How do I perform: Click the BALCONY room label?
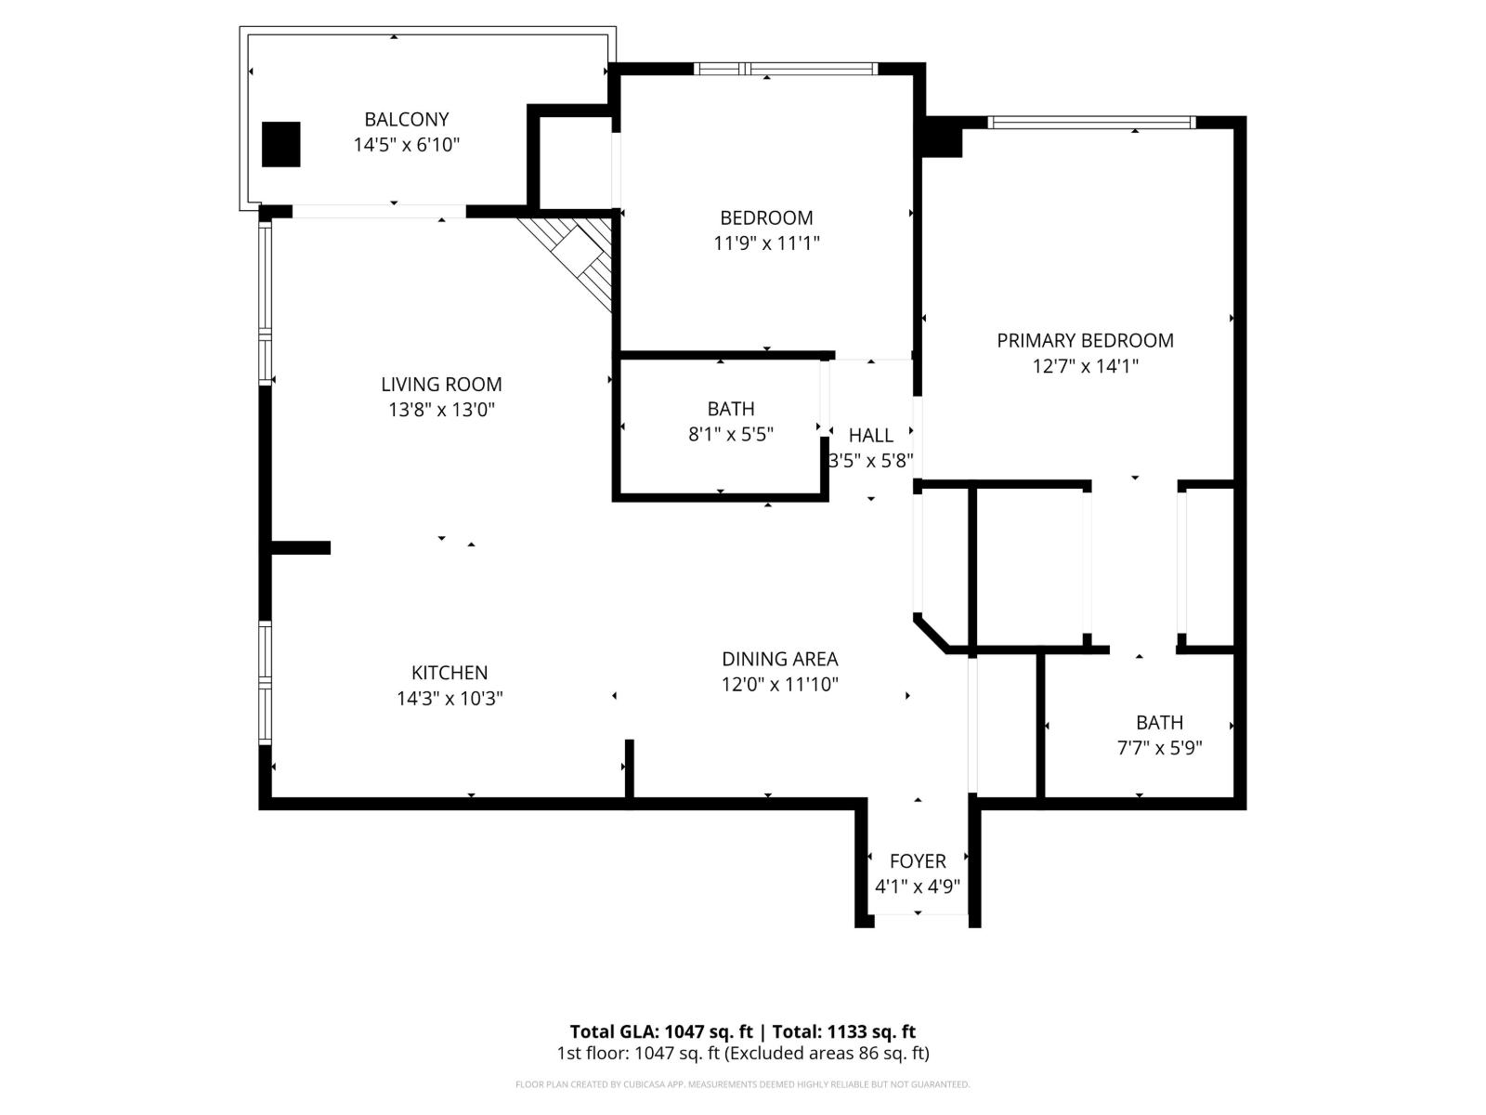coord(406,119)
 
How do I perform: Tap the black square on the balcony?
coord(280,144)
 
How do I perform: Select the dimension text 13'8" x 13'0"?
coord(441,410)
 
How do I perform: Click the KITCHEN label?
coord(450,673)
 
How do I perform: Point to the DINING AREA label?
coord(779,659)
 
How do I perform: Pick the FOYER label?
coord(918,860)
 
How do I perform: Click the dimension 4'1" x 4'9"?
coord(918,886)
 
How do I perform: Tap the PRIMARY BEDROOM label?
coord(1085,340)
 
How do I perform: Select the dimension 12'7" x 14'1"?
coord(1085,366)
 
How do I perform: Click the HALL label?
coord(870,435)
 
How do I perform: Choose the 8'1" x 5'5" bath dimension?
coord(730,434)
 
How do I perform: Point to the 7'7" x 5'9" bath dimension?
coord(1159,748)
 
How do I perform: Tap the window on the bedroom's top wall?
coord(786,68)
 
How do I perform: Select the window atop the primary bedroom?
coord(1091,122)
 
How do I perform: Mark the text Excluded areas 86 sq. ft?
coord(828,1053)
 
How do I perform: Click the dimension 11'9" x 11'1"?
coord(766,243)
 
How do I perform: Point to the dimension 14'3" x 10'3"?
coord(450,699)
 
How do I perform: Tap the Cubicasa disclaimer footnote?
coord(742,1084)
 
